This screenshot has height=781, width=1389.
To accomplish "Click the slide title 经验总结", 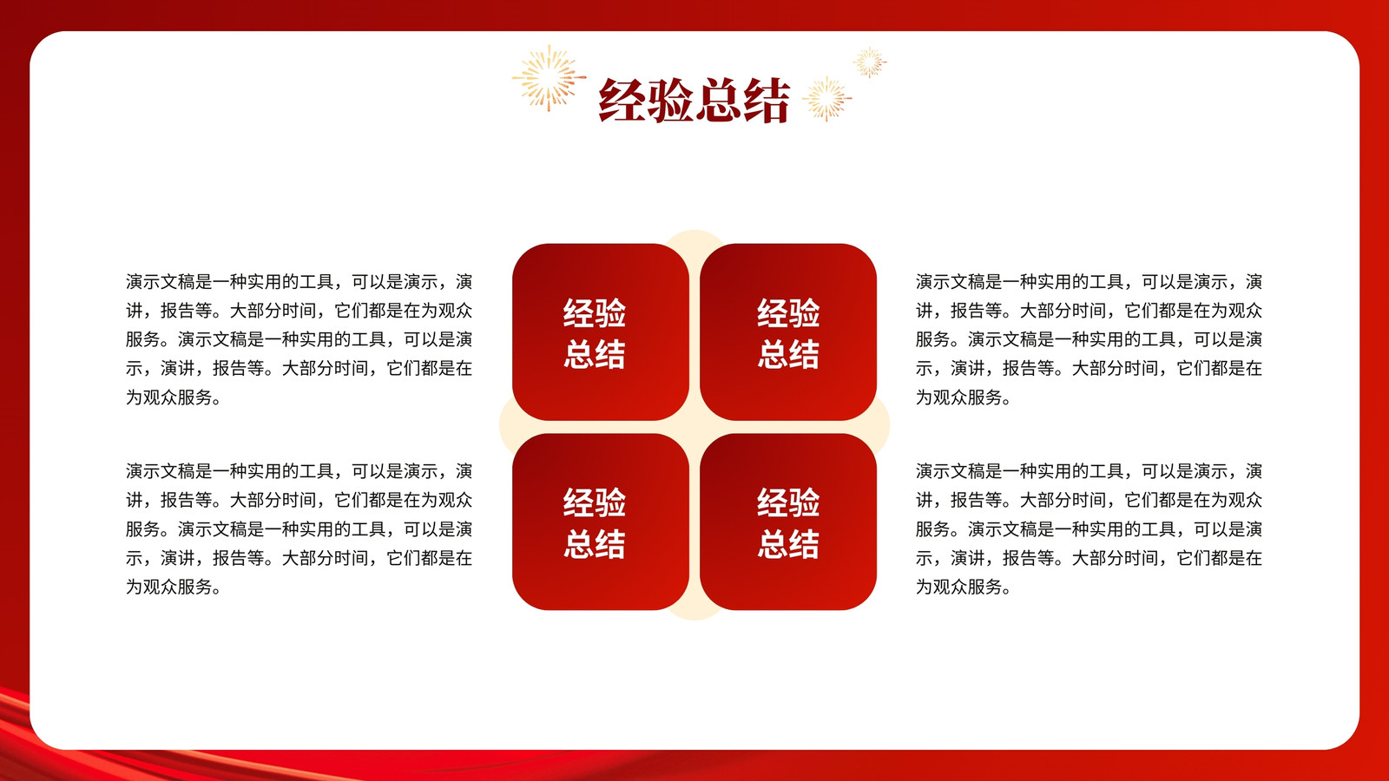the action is click(694, 100).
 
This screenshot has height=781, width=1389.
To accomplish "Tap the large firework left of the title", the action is click(549, 78).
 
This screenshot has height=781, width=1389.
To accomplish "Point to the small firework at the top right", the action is click(869, 62).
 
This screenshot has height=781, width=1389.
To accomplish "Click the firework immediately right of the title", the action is click(826, 99).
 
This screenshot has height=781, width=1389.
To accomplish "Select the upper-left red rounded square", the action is click(600, 332).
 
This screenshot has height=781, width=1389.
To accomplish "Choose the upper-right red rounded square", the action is click(788, 332).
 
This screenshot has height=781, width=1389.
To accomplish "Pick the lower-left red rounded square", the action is click(600, 522).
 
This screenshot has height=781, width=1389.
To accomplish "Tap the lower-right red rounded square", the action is click(788, 522).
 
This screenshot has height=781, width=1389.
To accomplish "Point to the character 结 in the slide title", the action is click(767, 100).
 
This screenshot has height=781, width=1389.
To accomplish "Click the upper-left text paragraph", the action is click(299, 339).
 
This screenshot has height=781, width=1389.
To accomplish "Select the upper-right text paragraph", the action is click(1089, 339).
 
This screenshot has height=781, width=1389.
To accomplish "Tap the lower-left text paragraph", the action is click(299, 528).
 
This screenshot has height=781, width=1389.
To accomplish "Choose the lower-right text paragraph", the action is click(1089, 528).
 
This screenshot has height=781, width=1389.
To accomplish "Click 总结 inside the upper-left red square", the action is click(595, 355).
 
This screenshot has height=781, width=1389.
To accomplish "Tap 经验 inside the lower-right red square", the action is click(788, 502).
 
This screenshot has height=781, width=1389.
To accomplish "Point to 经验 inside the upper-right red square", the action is click(788, 312).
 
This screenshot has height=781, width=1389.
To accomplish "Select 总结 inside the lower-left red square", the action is click(595, 544).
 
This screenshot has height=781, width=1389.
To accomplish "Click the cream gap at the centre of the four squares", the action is click(694, 426).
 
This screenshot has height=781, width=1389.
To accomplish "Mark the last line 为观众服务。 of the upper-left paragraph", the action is click(174, 397).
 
